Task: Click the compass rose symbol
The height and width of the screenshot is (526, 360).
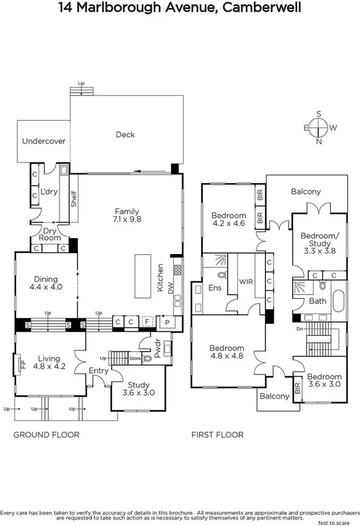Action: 319,128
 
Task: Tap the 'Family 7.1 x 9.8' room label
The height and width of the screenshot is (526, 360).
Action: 127,215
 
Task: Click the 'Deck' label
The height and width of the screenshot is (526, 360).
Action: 125,134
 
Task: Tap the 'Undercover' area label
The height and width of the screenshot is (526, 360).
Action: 43,141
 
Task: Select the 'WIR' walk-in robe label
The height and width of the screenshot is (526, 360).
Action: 246,281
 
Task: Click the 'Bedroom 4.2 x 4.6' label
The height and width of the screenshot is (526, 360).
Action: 229,219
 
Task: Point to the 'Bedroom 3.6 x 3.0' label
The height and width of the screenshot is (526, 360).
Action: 324,381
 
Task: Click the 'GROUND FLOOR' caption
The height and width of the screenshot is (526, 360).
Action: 47,434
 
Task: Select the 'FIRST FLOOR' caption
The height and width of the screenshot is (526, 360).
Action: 217,434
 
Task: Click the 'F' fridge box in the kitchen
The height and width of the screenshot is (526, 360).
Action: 146,322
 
